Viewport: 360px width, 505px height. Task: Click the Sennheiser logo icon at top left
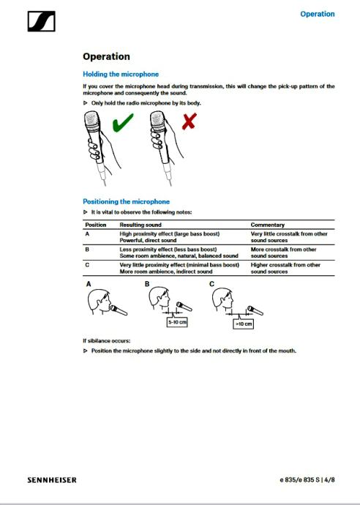[41, 21]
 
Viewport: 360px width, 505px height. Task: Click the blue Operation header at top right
[317, 14]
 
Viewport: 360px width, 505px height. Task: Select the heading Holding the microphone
[121, 74]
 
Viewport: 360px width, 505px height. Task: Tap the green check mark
[123, 122]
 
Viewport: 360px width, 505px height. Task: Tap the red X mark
[189, 121]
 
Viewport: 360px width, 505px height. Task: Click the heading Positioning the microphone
[127, 201]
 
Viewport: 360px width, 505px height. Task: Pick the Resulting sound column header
[140, 225]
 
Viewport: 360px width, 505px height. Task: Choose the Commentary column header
[268, 225]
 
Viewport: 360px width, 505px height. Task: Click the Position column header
[96, 225]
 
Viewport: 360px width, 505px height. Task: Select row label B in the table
[87, 250]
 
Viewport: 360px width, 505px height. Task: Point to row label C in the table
[87, 265]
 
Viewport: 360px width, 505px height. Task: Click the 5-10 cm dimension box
[177, 322]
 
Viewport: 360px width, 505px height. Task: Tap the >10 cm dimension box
[243, 323]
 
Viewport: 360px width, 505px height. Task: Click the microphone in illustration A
[119, 310]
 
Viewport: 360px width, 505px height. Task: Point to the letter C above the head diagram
[211, 284]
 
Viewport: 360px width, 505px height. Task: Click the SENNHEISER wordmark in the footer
[52, 480]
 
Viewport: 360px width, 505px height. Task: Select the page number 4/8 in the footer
[329, 480]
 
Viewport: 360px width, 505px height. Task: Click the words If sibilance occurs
[107, 340]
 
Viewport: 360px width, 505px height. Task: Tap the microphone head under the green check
[91, 121]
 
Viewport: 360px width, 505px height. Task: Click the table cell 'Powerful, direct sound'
[148, 240]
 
